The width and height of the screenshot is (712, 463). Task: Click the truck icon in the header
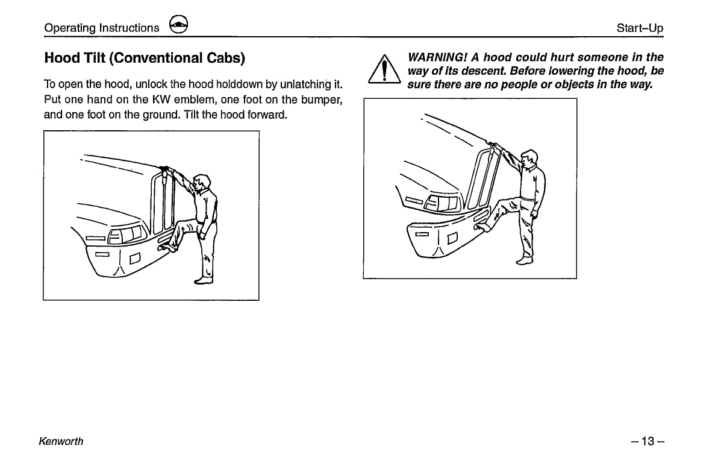[x=179, y=25]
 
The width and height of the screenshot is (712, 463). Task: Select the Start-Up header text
[x=640, y=28]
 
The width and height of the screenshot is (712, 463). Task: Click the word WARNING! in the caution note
[x=436, y=58]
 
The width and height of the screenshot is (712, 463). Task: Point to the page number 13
[x=648, y=441]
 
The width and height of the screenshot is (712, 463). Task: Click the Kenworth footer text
[x=61, y=441]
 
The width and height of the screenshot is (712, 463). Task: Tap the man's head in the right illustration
[x=529, y=160]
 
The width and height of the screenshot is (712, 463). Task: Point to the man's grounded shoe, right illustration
[x=525, y=260]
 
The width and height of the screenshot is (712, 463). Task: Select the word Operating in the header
[x=70, y=28]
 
